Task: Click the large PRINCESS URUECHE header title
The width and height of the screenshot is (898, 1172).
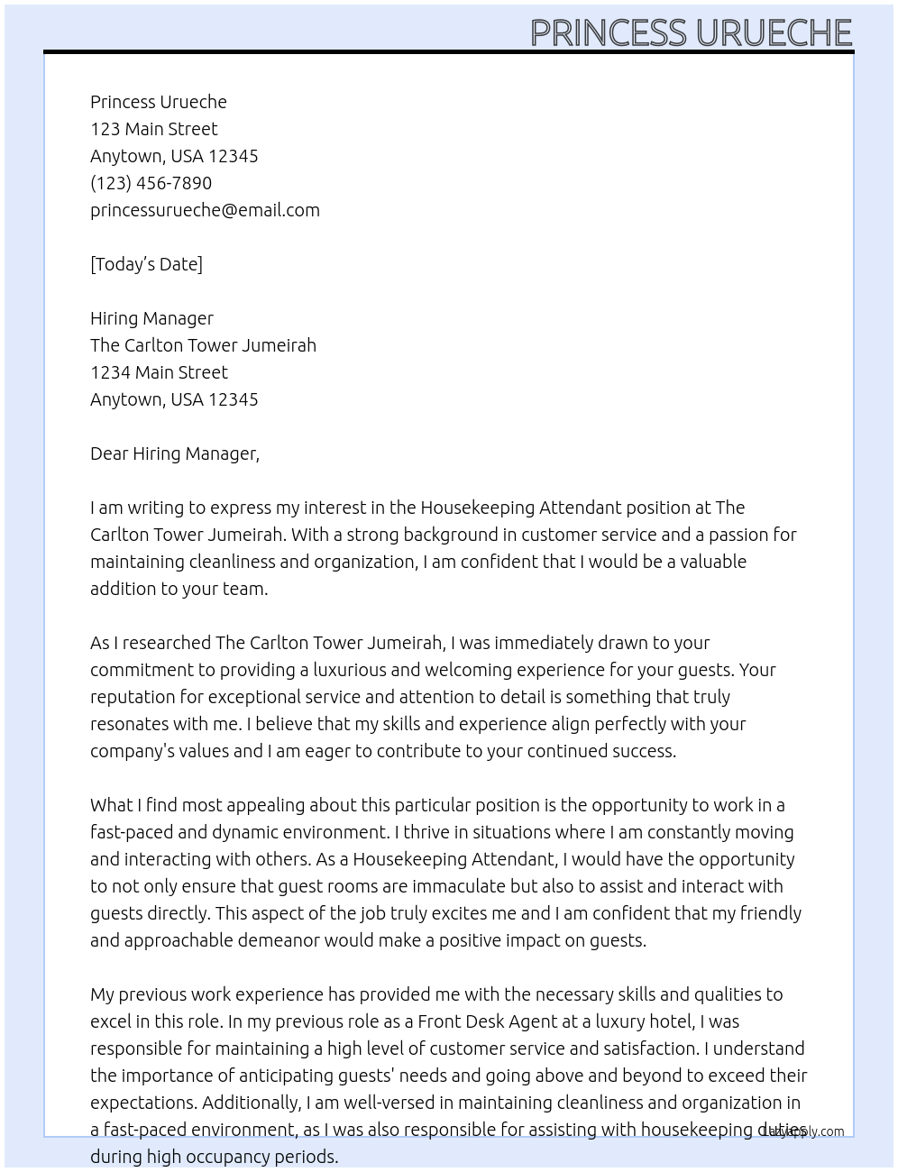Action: [691, 32]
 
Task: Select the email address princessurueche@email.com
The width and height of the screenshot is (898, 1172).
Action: [205, 210]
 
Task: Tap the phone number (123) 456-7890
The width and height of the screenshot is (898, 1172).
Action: [151, 183]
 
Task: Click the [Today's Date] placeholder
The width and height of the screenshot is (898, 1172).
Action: [146, 264]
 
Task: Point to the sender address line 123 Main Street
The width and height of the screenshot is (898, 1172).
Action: [153, 129]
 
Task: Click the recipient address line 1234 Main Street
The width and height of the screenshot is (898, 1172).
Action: [159, 372]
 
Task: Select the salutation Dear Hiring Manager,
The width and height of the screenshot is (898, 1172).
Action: [174, 453]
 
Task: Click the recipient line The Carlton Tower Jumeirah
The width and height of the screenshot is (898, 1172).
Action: [203, 345]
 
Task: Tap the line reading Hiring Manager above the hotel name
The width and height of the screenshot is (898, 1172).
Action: [151, 318]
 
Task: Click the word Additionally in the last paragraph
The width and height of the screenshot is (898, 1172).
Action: [252, 1103]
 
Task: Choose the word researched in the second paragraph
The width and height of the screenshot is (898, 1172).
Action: [167, 643]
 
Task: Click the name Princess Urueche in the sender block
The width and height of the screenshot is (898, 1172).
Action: [159, 102]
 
